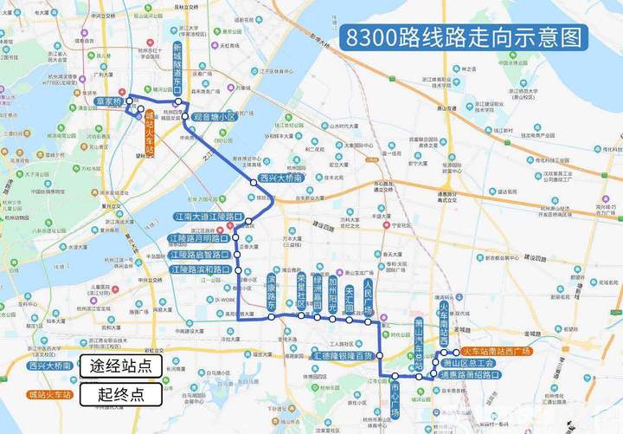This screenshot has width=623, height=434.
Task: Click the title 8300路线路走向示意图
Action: coord(463,38)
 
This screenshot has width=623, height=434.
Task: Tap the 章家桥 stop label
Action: coord(110,101)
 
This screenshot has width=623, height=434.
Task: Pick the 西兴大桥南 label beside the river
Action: coord(280,178)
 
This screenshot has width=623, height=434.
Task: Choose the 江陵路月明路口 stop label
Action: coord(199,237)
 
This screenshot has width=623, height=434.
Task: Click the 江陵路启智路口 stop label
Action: coord(199,255)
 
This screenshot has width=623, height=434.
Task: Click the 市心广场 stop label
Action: coord(395,398)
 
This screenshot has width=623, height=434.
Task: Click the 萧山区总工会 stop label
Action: coord(468,363)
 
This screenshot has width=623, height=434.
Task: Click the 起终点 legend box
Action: coord(121,395)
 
